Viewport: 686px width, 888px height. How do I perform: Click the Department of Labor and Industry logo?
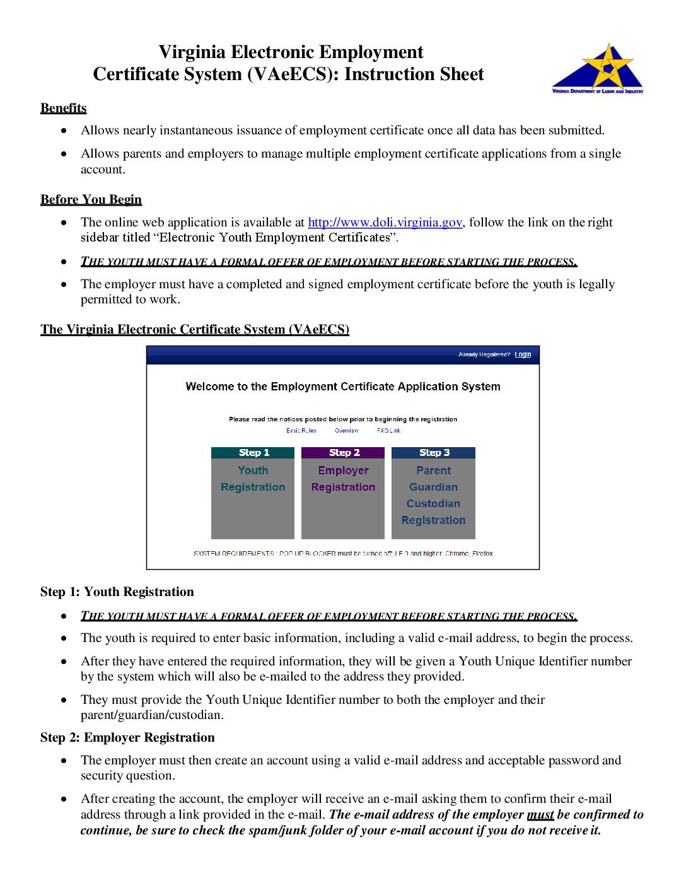point(598,69)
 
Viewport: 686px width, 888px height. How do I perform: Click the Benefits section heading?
point(63,108)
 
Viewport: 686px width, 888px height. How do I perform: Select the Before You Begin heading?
point(91,199)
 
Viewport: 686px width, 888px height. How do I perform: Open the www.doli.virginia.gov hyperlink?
point(385,222)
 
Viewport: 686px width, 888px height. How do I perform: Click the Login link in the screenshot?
point(523,354)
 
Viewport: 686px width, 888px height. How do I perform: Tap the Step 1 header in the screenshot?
point(253,453)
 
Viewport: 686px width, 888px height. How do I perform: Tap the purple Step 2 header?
point(343,453)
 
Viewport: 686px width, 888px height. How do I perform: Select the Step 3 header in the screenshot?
point(434,453)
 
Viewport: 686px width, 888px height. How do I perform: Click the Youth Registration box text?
point(253,479)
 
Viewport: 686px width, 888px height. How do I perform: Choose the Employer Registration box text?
point(343,479)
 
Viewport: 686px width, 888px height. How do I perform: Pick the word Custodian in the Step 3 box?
point(433,503)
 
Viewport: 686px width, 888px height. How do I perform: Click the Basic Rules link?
point(301,431)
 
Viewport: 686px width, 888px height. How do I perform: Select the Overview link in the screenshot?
point(347,431)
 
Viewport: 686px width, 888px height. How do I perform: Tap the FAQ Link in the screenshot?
point(388,431)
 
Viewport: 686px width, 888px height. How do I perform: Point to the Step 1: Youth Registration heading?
point(117,592)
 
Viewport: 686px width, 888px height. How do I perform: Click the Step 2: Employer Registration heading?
point(127,737)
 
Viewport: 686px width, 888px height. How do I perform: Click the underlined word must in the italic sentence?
point(540,815)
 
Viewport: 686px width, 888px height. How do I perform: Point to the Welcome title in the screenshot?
point(343,387)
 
